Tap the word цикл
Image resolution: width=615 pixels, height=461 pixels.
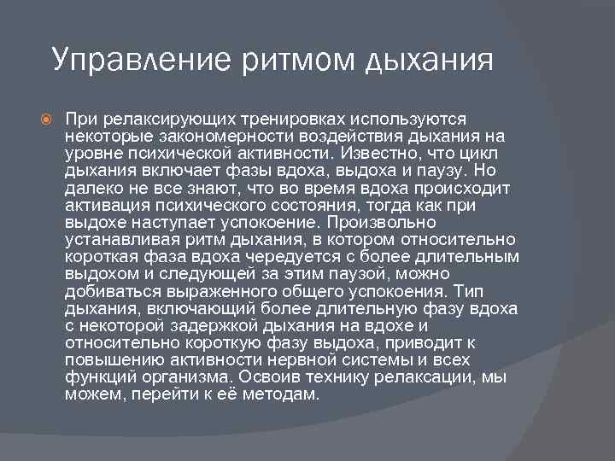point(486,154)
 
